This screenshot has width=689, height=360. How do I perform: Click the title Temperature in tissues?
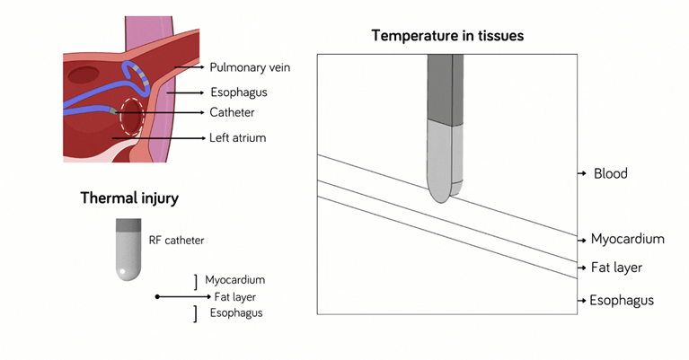click(447, 36)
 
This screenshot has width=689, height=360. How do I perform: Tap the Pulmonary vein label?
click(250, 67)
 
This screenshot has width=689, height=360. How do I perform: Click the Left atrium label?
click(238, 138)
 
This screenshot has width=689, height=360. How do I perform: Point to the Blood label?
click(611, 173)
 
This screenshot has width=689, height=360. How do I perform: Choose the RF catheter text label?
click(177, 241)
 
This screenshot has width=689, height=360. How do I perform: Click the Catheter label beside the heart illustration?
click(233, 113)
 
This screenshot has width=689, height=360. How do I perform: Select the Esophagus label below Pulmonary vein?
click(238, 91)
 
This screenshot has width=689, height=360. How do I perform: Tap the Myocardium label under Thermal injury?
click(234, 280)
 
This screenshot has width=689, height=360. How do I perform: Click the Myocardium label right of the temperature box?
click(627, 239)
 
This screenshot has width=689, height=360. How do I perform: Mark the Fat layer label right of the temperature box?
click(616, 268)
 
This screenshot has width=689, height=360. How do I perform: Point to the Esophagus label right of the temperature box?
click(622, 300)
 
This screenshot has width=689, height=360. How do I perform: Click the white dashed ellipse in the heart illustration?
click(132, 117)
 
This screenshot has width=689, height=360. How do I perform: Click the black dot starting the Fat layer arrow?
click(157, 296)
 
